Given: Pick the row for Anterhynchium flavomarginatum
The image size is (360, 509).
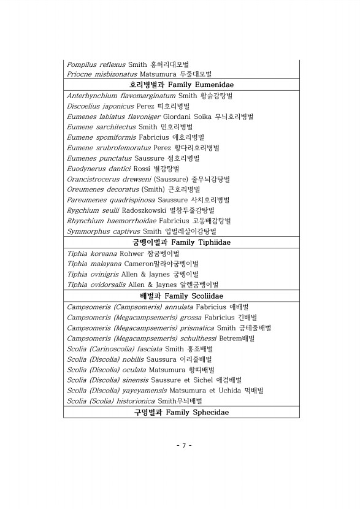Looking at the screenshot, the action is (x=150, y=96).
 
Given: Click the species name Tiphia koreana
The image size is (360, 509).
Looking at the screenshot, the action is (x=91, y=253).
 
